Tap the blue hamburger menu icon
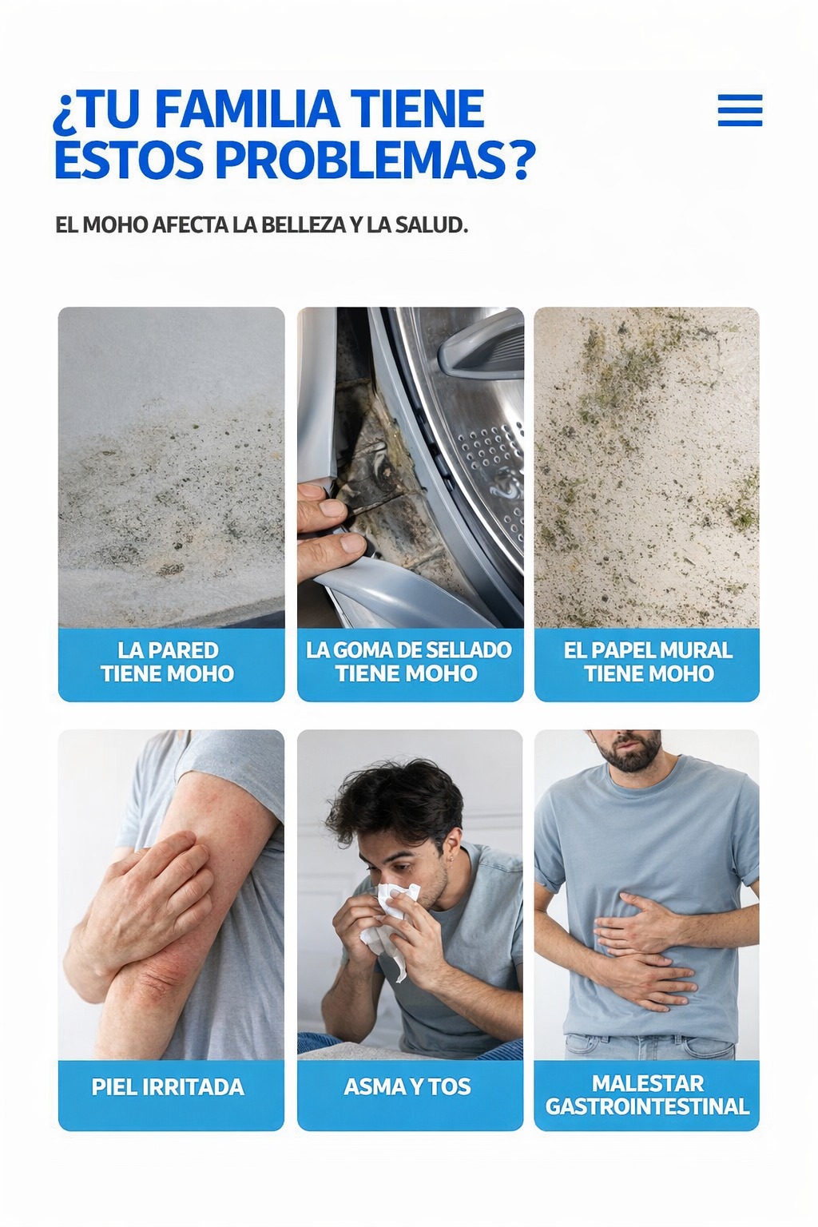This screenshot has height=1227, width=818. [740, 110]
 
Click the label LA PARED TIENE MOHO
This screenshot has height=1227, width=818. [168, 661]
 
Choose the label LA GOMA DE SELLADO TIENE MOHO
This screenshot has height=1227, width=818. [409, 661]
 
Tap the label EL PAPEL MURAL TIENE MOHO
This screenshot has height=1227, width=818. [648, 661]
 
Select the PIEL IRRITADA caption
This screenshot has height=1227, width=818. [169, 1087]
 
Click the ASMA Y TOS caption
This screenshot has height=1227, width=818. [407, 1087]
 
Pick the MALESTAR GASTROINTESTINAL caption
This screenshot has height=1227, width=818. [647, 1095]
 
